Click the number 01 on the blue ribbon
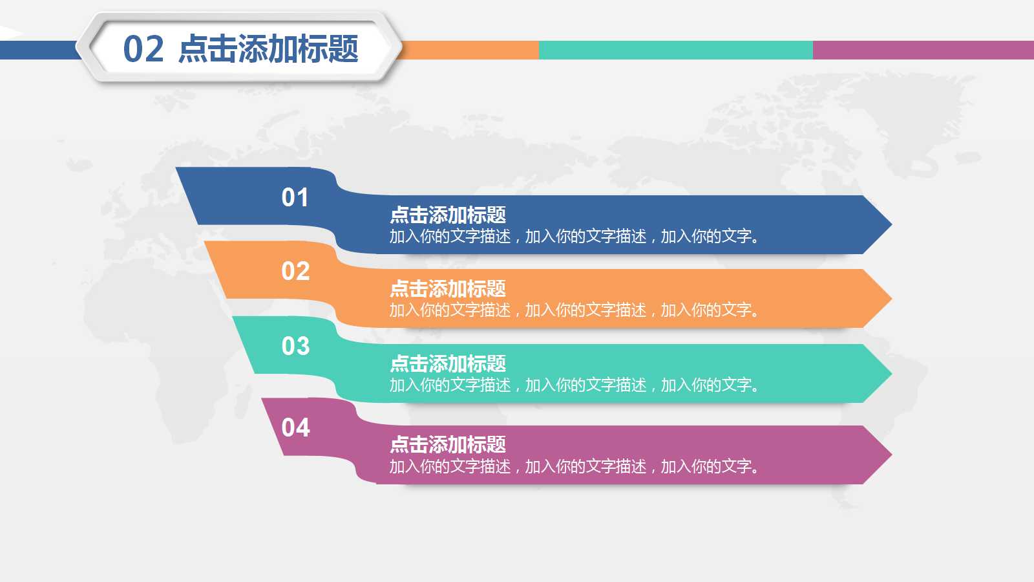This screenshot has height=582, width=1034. point(295,197)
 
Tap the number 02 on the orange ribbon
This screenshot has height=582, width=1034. point(295,271)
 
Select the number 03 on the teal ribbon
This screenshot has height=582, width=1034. point(295,346)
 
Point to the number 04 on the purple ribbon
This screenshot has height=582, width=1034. point(295,427)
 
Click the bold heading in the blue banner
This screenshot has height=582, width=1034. point(448,215)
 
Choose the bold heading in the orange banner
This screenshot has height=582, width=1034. point(448,288)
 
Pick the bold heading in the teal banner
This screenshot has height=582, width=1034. point(448,363)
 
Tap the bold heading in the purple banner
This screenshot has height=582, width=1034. point(448,444)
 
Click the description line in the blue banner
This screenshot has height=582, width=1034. point(574,237)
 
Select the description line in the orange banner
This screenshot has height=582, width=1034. point(574,310)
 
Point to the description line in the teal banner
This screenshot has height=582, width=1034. point(574,385)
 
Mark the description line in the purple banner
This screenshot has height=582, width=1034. point(574,466)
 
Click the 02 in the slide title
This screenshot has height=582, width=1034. point(143,49)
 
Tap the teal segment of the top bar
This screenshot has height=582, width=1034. point(675,50)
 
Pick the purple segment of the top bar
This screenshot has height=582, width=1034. point(923,50)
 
